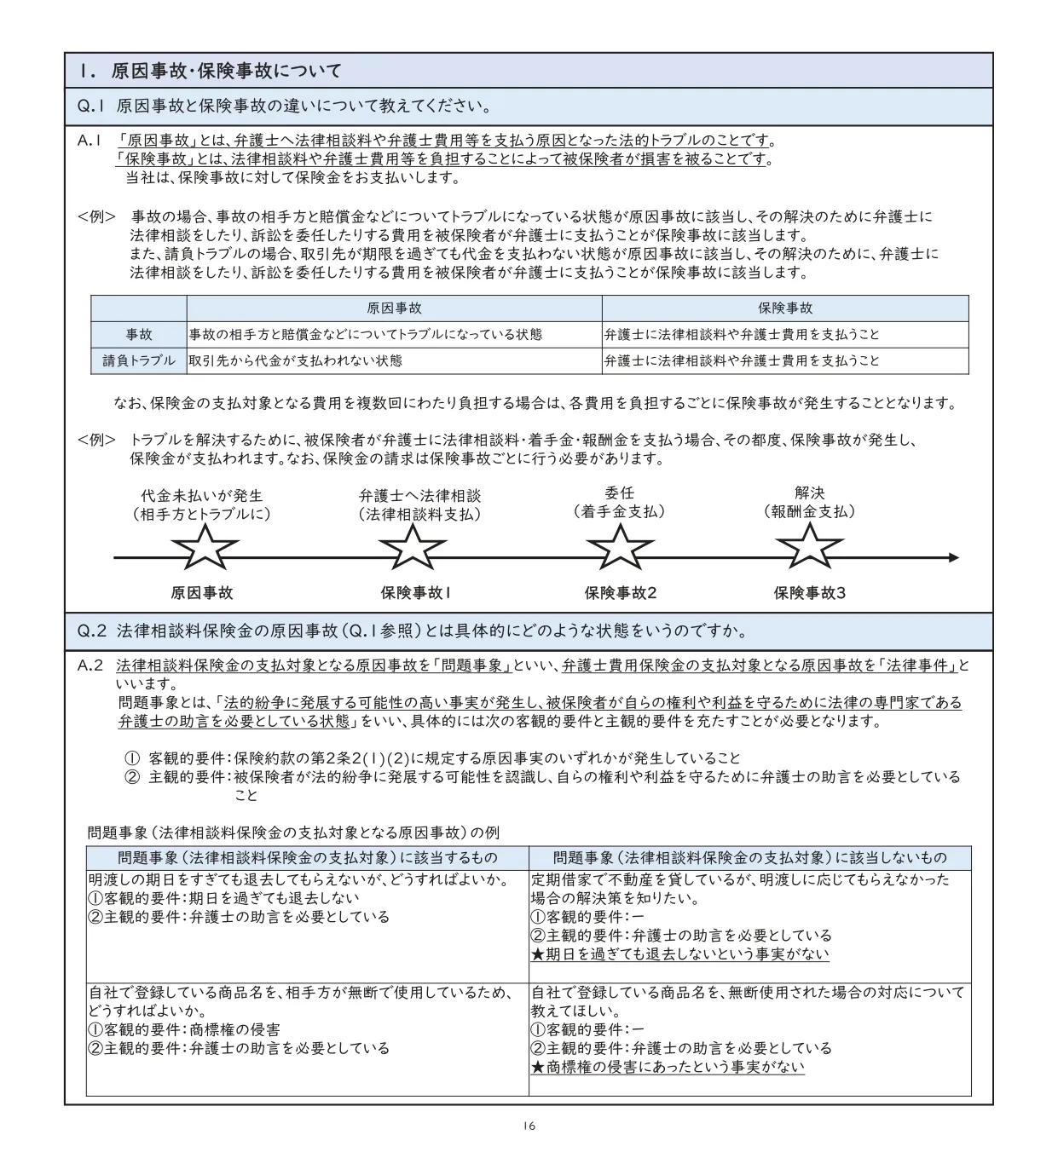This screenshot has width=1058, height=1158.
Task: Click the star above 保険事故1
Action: [x=413, y=548]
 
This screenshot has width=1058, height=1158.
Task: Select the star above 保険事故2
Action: [x=620, y=548]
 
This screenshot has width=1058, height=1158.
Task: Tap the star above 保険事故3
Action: [x=809, y=548]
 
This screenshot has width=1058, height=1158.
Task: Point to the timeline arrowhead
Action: [x=952, y=558]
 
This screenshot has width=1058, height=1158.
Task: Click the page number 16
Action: [x=529, y=1126]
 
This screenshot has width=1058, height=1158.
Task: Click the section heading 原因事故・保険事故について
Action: [x=225, y=72]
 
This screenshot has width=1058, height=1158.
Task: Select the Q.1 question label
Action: [x=90, y=107]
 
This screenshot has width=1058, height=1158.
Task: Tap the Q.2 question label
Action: [x=92, y=631]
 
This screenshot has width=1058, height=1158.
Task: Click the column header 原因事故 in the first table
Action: [x=394, y=308]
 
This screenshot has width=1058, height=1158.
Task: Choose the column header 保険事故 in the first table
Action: [x=785, y=308]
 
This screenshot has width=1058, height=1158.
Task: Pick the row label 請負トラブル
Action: [x=139, y=361]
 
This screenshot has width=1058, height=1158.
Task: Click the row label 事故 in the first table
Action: [x=139, y=335]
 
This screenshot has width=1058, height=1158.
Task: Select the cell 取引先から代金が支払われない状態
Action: [x=296, y=361]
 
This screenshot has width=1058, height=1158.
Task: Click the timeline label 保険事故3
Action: [x=809, y=593]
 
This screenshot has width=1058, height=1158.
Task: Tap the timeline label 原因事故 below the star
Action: [x=202, y=593]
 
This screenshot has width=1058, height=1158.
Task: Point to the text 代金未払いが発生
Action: [x=202, y=495]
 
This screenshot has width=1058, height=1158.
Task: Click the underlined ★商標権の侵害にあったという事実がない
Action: [x=668, y=1067]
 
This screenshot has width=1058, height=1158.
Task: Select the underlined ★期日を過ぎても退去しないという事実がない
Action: [x=679, y=954]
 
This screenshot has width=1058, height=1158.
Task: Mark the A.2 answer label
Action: [x=90, y=665]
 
